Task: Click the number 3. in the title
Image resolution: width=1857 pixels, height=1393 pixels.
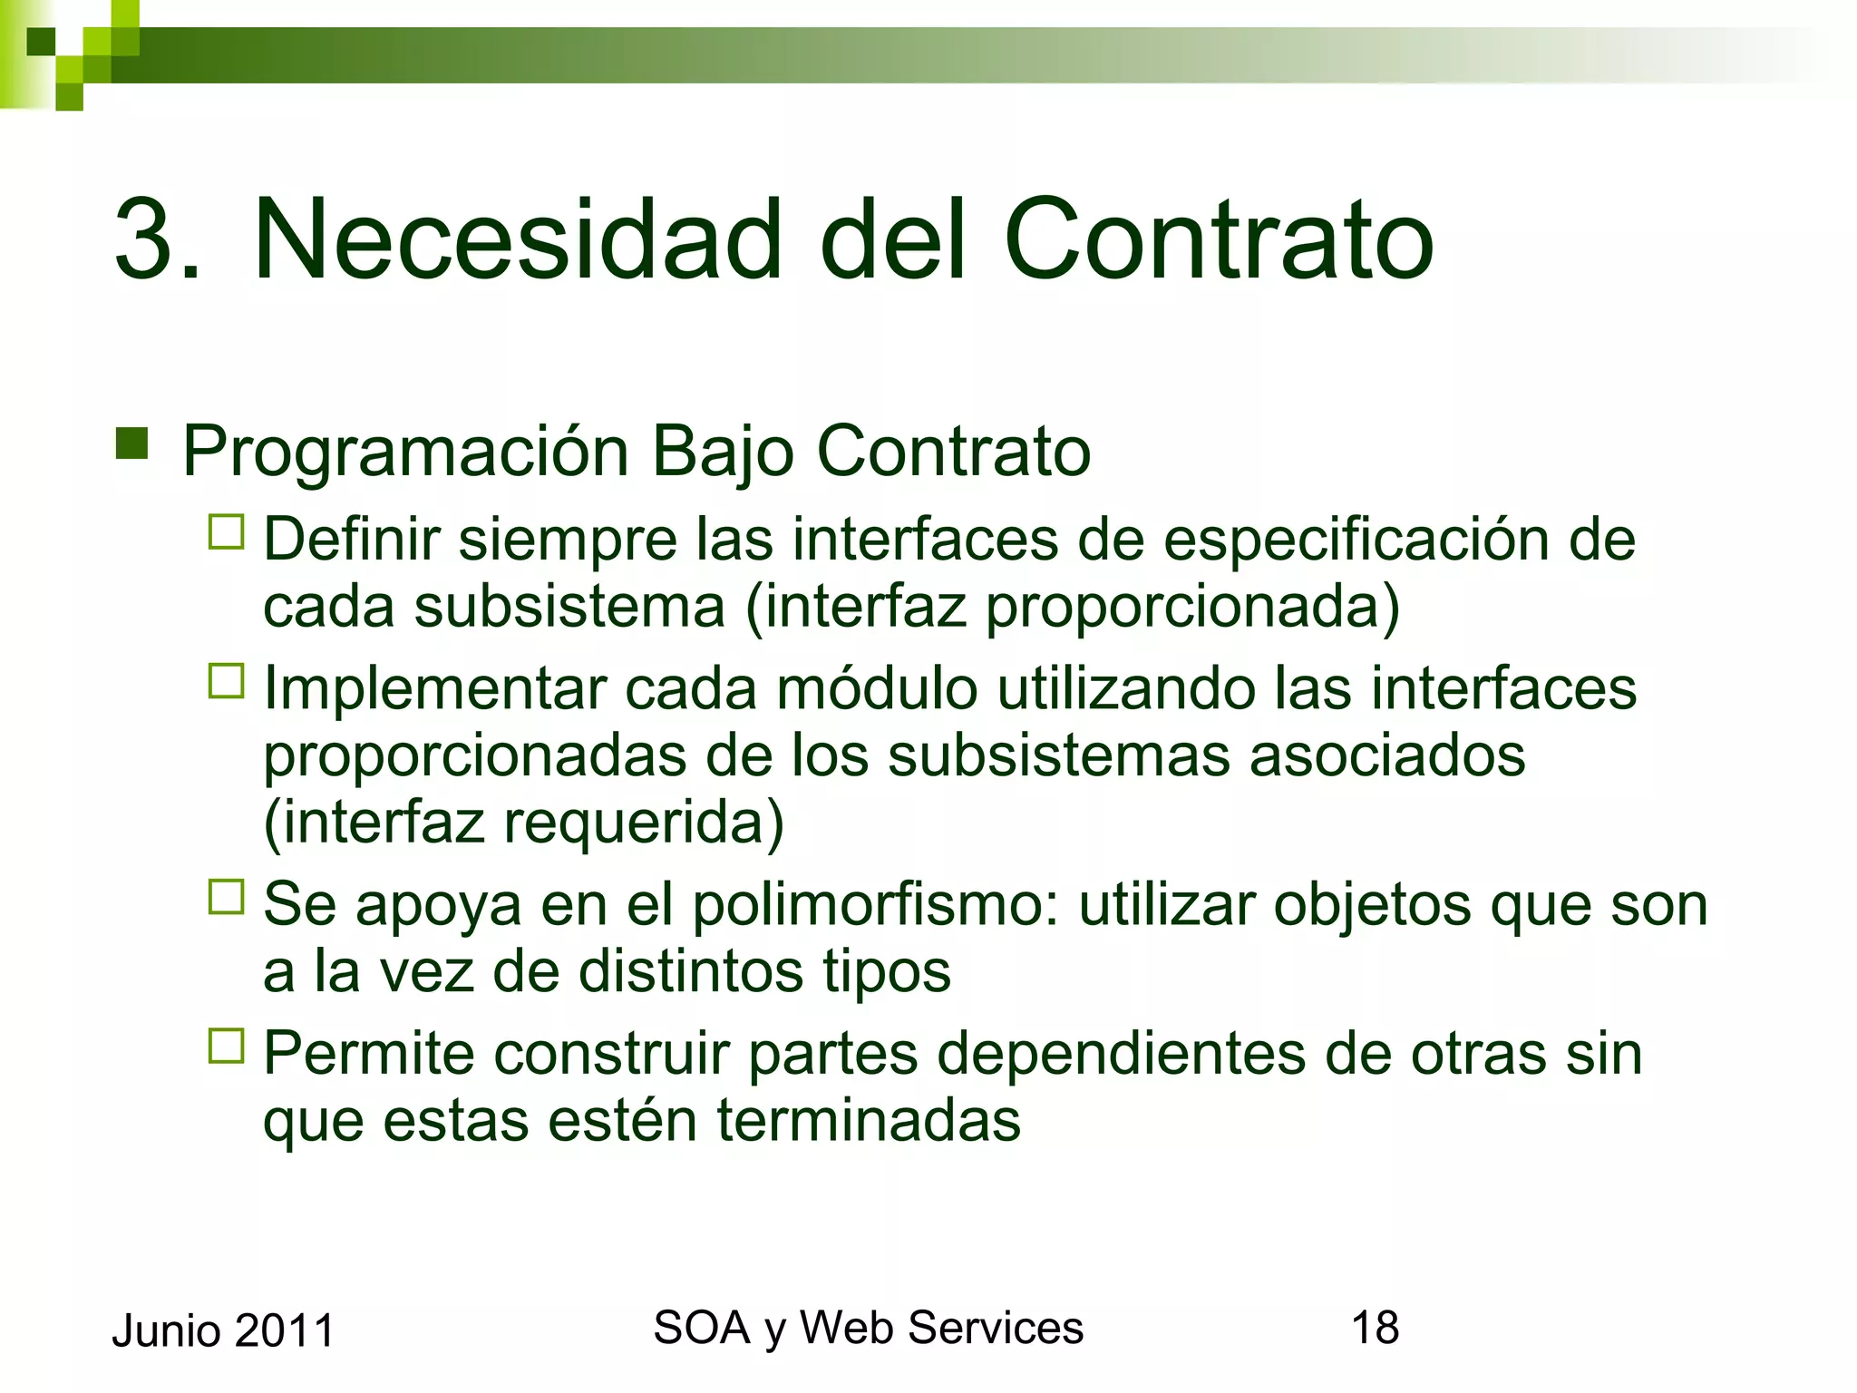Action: tap(156, 239)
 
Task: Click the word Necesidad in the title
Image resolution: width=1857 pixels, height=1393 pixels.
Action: tap(517, 239)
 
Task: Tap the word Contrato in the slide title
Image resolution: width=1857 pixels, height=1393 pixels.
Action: tap(1218, 239)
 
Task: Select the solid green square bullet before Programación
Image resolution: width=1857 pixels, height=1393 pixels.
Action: tap(132, 443)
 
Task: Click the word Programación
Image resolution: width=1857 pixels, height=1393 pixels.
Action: tap(405, 452)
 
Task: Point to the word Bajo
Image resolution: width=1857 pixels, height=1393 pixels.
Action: tap(723, 452)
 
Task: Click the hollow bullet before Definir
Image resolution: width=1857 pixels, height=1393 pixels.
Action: tap(227, 532)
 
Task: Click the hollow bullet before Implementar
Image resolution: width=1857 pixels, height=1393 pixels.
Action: tap(227, 681)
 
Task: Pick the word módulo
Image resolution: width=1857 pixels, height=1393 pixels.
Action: tap(877, 688)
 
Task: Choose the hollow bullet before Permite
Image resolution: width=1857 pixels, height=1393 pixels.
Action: tap(227, 1046)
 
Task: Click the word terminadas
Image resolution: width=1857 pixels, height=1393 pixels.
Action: tap(869, 1120)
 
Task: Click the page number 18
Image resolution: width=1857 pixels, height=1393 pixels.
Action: tap(1375, 1328)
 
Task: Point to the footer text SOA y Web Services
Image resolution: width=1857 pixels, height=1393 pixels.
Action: tap(868, 1328)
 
